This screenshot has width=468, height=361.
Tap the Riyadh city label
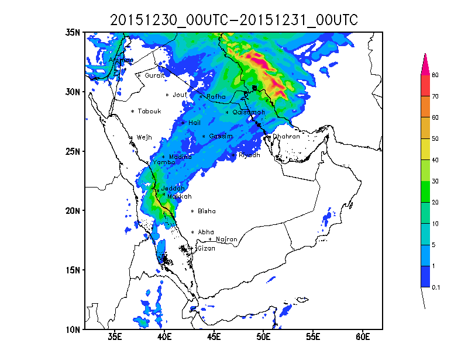249,155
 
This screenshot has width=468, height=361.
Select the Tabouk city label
149,112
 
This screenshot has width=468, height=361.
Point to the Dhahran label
286,136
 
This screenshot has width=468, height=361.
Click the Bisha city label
207,211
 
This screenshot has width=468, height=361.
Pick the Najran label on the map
226,239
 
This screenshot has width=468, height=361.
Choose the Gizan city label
206,248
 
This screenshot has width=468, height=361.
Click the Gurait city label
154,75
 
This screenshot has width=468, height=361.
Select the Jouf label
180,95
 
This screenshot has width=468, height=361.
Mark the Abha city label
206,232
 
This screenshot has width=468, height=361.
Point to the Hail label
194,123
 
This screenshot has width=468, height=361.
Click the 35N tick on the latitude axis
73,33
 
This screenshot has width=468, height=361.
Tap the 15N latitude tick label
73,270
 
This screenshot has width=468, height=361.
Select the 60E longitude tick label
363,338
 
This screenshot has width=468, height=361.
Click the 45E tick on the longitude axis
214,338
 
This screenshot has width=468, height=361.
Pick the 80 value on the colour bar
435,75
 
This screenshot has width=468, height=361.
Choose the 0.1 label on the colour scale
436,287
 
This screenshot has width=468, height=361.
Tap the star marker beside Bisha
192,211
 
